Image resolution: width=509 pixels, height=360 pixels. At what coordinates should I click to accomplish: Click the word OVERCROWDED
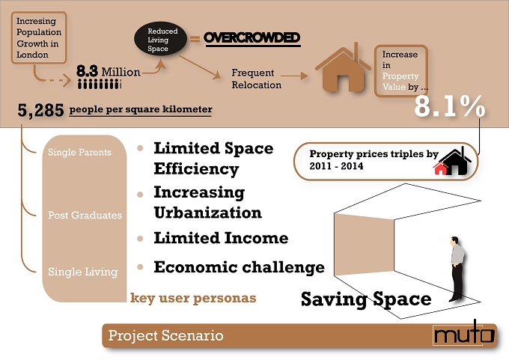tap(252, 37)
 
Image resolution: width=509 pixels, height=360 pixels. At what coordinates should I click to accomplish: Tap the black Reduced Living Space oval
tap(161, 39)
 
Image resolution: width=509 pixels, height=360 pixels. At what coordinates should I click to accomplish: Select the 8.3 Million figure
tap(109, 71)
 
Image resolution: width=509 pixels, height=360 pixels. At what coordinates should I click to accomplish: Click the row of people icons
tap(100, 85)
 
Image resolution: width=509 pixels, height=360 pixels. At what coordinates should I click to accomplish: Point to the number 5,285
tap(40, 110)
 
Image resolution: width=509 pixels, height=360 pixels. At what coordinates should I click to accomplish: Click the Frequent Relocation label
tap(257, 79)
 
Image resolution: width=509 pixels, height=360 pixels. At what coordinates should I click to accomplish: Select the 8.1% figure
tap(450, 106)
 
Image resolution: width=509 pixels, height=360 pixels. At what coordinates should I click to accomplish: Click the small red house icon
tap(440, 168)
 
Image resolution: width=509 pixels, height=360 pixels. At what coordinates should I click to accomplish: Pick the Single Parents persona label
tap(79, 152)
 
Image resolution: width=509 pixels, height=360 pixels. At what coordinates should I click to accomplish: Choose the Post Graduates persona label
tap(85, 216)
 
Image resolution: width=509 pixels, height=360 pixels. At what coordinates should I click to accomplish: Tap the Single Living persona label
tap(83, 272)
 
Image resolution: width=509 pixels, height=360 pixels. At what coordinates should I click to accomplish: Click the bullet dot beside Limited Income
tap(140, 239)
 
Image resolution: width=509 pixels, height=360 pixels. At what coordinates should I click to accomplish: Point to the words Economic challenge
tap(240, 267)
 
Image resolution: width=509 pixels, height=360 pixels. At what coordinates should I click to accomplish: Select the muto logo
tap(464, 334)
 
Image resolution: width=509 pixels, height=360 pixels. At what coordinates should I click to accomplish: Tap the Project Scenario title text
tap(165, 335)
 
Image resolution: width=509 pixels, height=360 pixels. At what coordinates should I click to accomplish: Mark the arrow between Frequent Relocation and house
tap(294, 76)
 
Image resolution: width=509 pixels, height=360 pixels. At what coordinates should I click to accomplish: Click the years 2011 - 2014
tap(336, 166)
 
